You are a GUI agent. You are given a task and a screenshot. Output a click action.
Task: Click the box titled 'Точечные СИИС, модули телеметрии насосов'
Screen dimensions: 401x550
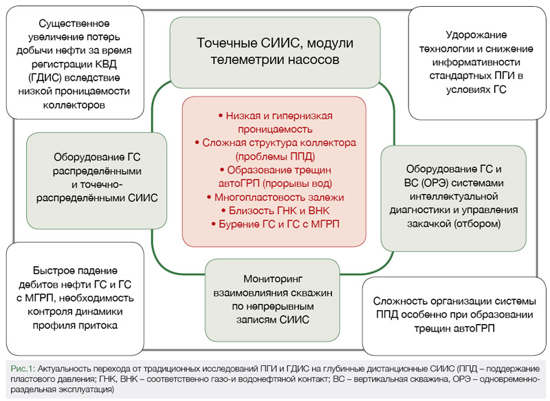(x=275, y=52)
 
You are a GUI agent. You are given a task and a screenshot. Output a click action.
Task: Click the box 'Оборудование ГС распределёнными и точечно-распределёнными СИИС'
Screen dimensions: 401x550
(x=96, y=177)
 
